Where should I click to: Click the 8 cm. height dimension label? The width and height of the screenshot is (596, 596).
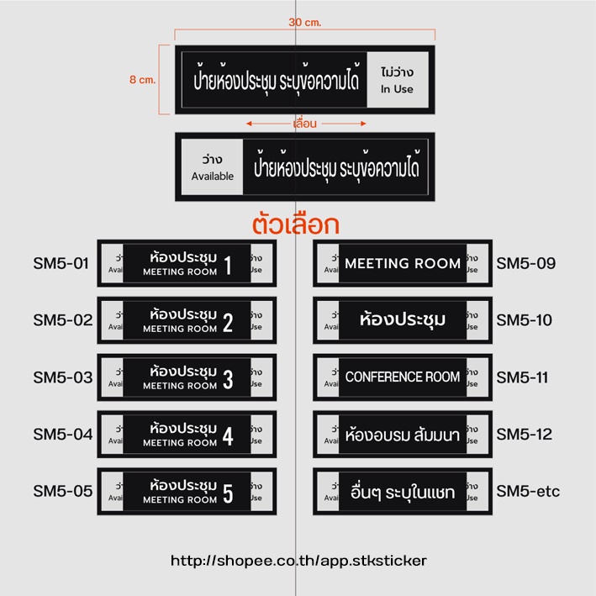pyautogui.click(x=143, y=80)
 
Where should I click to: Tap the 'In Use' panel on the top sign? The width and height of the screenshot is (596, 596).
pyautogui.click(x=397, y=80)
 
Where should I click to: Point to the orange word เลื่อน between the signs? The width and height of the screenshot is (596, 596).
pyautogui.click(x=304, y=124)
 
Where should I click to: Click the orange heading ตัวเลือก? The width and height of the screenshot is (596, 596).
pyautogui.click(x=295, y=225)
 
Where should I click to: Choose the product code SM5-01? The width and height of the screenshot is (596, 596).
pyautogui.click(x=61, y=263)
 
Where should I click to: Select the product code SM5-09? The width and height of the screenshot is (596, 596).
pyautogui.click(x=525, y=263)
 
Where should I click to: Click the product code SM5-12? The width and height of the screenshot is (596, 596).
pyautogui.click(x=524, y=434)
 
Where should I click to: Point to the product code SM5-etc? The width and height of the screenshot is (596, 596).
pyautogui.click(x=527, y=491)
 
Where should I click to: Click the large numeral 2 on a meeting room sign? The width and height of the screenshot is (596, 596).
pyautogui.click(x=228, y=321)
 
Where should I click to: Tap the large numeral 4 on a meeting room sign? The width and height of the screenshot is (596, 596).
pyautogui.click(x=228, y=435)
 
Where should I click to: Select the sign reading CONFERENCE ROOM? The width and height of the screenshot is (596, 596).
pyautogui.click(x=403, y=377)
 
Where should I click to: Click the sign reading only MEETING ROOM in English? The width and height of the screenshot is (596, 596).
pyautogui.click(x=403, y=263)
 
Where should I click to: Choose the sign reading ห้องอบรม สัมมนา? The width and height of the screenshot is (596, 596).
pyautogui.click(x=403, y=435)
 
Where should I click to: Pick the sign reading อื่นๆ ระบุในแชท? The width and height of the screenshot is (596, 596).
pyautogui.click(x=403, y=492)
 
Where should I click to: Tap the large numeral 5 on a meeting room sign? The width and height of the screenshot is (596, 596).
pyautogui.click(x=228, y=493)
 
